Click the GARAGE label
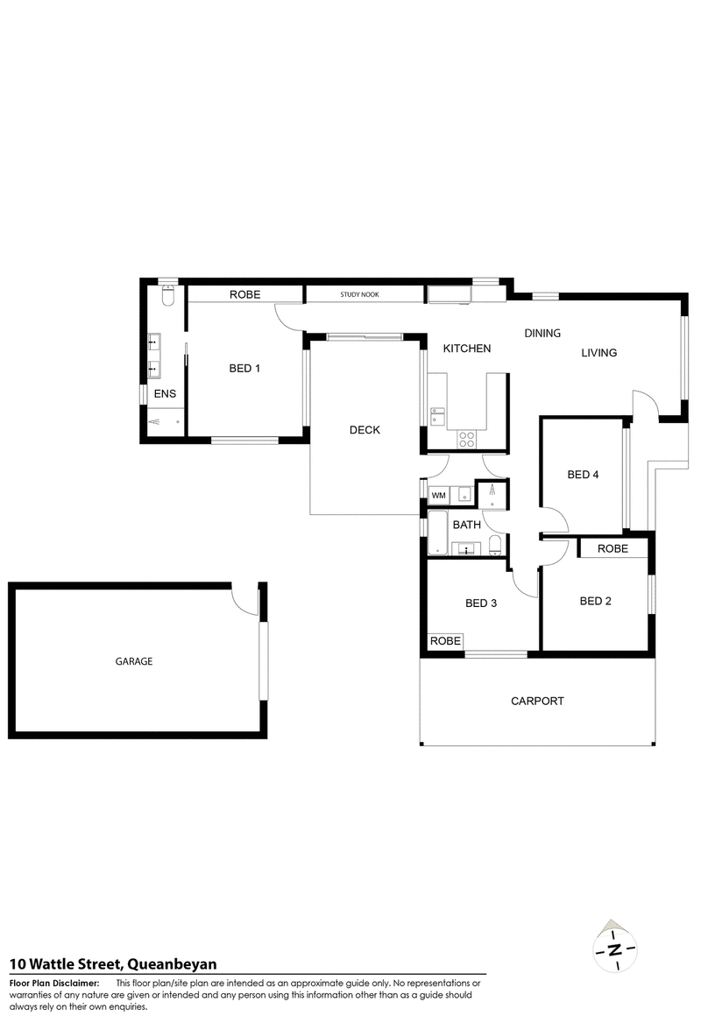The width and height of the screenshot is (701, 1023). coord(134,662)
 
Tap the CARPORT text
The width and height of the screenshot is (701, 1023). coord(537,701)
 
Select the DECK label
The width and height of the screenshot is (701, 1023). coord(364,429)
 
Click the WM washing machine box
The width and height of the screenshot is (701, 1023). coord(439,496)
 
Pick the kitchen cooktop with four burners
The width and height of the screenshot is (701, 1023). coord(467,438)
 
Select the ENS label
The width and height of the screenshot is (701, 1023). coord(165,394)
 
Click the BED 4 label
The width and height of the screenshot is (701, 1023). coord(583,475)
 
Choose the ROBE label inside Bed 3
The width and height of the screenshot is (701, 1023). coord(445,641)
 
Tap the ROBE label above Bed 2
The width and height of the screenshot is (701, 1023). coord(612,548)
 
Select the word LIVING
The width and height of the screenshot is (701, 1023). coord(599,353)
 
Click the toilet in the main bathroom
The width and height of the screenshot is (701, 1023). coord(496,547)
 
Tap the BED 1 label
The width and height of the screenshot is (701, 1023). coord(244,368)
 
